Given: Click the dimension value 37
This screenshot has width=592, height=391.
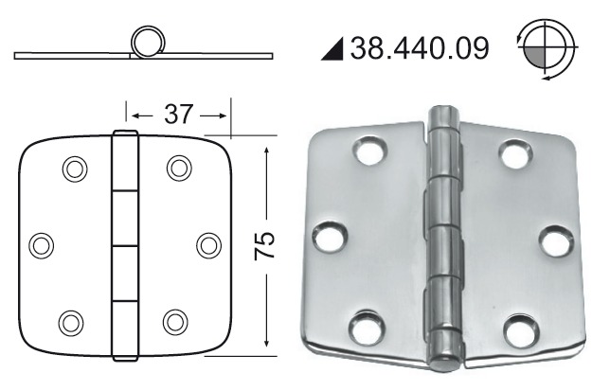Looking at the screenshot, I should click(180, 116).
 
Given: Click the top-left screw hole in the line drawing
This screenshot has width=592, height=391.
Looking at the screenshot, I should click(73, 169).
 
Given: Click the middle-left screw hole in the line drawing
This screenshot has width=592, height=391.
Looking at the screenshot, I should click(41, 244).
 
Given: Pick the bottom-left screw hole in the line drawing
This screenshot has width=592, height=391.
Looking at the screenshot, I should click(71, 322).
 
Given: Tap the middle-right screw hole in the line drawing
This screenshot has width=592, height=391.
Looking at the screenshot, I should click(208, 244).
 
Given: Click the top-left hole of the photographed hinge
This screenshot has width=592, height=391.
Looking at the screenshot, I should click(367, 152).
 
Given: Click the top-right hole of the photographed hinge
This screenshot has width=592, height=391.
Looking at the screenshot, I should click(514, 151).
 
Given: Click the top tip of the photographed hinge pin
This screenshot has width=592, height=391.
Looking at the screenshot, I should click(442, 111).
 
